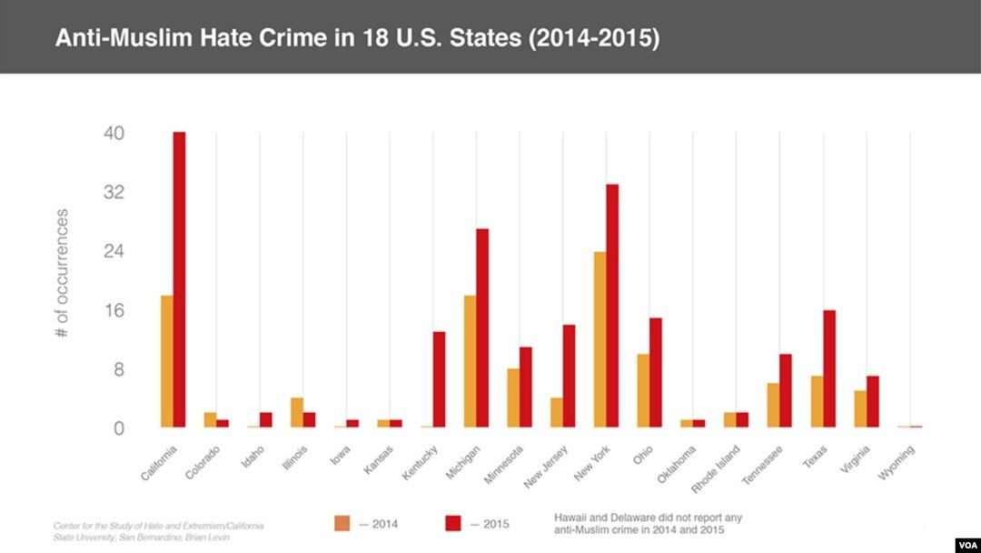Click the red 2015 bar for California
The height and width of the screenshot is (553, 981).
(x=179, y=280)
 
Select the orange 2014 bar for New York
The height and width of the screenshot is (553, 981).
(x=599, y=339)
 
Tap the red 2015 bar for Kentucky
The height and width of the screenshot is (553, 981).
(x=439, y=379)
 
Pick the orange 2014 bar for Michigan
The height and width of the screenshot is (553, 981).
(x=470, y=361)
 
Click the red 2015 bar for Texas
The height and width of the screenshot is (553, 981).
(x=829, y=368)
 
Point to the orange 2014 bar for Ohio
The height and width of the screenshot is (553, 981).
(x=643, y=390)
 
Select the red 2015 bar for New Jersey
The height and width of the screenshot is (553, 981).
(x=570, y=376)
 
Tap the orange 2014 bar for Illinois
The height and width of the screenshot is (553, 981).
(x=297, y=412)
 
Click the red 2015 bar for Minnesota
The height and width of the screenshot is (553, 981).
(x=525, y=387)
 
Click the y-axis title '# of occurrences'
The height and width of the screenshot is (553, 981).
(x=62, y=273)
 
